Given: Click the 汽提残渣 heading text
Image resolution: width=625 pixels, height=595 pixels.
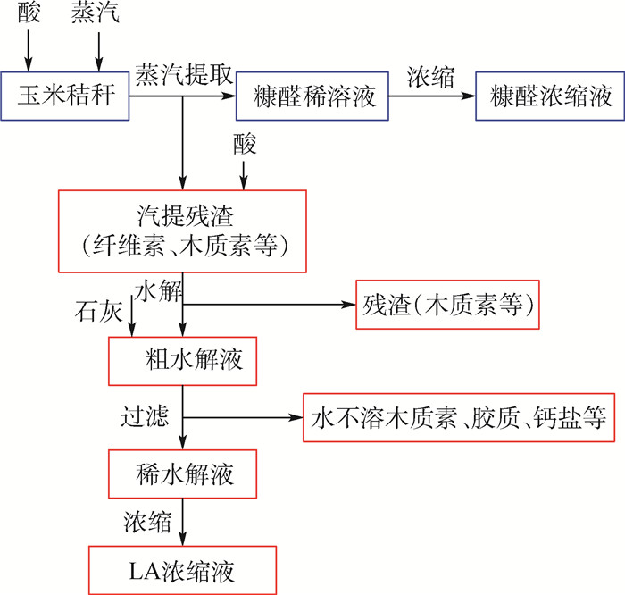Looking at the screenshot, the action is click(186, 215).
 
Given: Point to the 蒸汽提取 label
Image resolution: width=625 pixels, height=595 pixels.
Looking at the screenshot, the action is click(184, 74).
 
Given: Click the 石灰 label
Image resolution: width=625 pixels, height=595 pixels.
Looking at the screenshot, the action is click(98, 311).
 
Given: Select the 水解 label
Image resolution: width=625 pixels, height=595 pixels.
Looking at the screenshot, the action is click(159, 290).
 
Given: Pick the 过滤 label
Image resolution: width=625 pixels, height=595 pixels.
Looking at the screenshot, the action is click(145, 416).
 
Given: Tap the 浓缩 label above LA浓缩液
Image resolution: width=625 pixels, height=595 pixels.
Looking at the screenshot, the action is click(147, 521).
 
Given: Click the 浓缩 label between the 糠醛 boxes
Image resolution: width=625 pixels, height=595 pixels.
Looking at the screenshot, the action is click(430, 77).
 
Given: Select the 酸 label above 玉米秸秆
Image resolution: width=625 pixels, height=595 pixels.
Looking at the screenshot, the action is click(29, 12).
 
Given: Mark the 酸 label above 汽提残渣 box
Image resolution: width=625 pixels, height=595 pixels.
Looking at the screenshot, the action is click(245, 144).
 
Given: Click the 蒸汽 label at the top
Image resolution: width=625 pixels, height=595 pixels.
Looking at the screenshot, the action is click(96, 12).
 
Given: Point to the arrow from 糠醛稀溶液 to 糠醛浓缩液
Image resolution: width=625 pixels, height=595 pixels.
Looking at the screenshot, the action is click(432, 96).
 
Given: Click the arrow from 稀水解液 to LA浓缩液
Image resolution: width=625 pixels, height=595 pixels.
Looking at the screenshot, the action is click(182, 522).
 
